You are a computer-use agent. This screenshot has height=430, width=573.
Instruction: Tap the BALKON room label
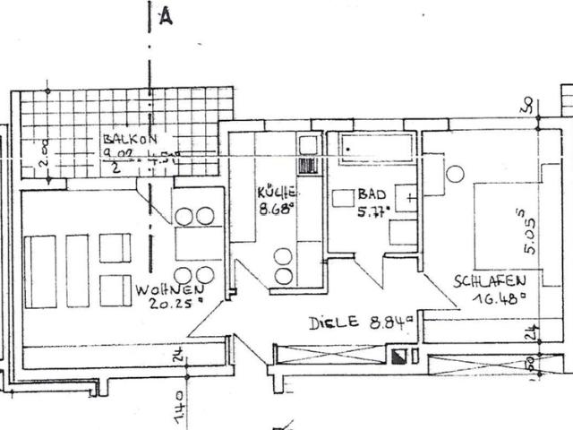click(x=130, y=140)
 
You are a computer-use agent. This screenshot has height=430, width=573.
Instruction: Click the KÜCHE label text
click(x=277, y=193)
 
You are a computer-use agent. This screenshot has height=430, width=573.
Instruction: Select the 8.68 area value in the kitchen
click(x=277, y=210)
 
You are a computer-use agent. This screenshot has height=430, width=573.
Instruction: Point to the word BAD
click(x=369, y=193)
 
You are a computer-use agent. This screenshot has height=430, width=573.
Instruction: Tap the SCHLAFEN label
click(x=489, y=280)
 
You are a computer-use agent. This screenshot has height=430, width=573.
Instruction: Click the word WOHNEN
click(x=167, y=289)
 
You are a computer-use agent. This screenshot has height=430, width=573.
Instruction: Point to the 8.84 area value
click(x=390, y=320)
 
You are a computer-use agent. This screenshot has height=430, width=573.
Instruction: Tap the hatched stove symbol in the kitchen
click(x=306, y=166)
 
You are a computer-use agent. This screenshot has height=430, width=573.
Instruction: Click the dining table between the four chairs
click(x=195, y=243)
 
